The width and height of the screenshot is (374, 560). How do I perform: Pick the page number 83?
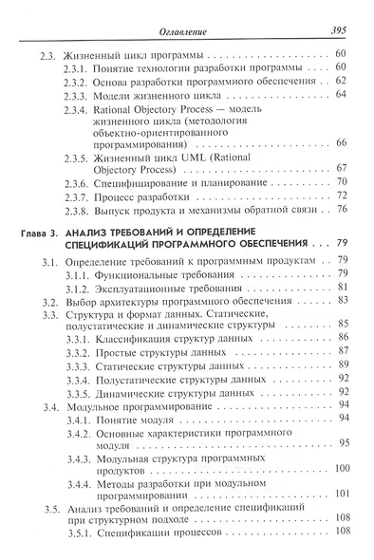[344, 302]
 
